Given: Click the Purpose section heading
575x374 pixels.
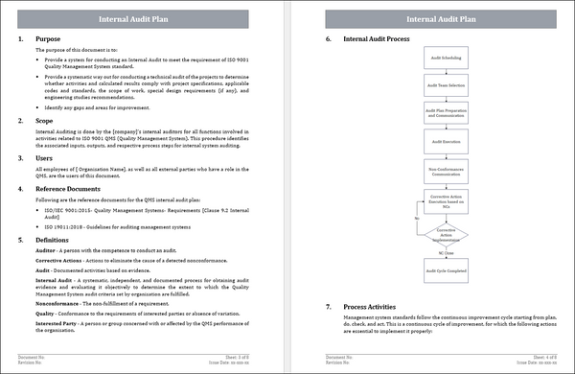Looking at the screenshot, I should click(x=48, y=39).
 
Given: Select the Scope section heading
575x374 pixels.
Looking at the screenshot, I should click(x=45, y=121).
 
